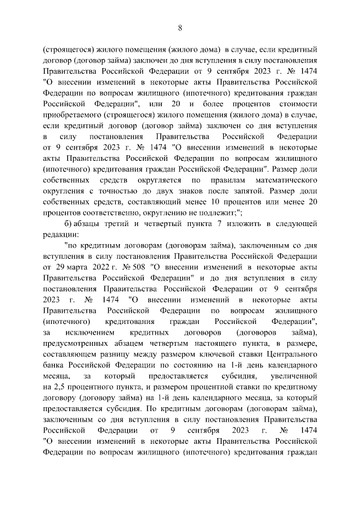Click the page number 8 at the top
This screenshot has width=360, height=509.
180,28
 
